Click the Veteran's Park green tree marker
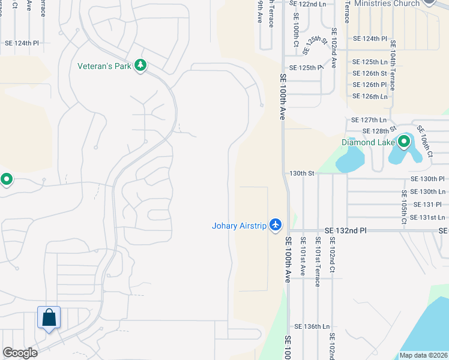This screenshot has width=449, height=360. click(x=140, y=65)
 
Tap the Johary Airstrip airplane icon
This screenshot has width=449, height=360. click(x=276, y=224)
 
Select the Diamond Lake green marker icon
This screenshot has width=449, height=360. click(x=404, y=142)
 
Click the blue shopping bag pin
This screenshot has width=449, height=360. click(x=49, y=317)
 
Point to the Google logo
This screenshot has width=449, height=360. click(x=20, y=353)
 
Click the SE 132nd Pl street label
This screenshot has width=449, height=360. click(x=345, y=230)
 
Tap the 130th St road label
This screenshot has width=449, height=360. click(x=302, y=173)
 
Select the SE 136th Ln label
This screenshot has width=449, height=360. click(x=312, y=326)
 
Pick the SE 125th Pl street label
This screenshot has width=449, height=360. click(x=306, y=68)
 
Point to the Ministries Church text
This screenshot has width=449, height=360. click(x=387, y=4)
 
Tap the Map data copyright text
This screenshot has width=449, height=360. click(x=423, y=355)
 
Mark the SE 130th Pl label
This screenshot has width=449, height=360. click(x=427, y=179)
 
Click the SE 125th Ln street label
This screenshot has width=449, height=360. click(x=370, y=62)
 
